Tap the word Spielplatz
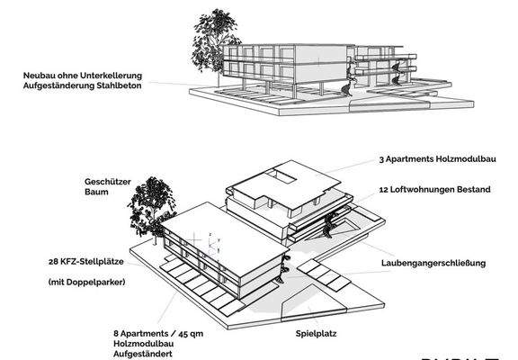tap(319, 332)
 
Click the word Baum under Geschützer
tap(98, 192)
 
